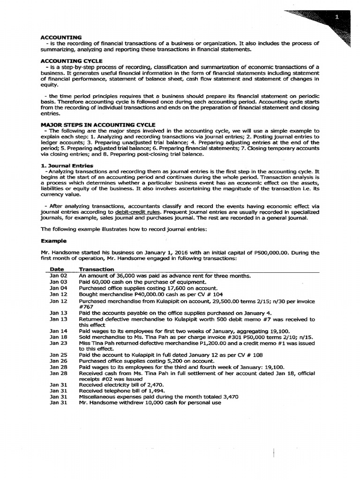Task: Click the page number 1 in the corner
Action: pos(337,17)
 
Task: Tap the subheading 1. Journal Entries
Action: pos(67,165)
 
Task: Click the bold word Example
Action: pos(53,241)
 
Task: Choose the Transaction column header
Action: pos(96,269)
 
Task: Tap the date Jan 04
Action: pos(59,288)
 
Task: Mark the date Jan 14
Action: pos(59,330)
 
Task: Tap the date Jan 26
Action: pos(59,361)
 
